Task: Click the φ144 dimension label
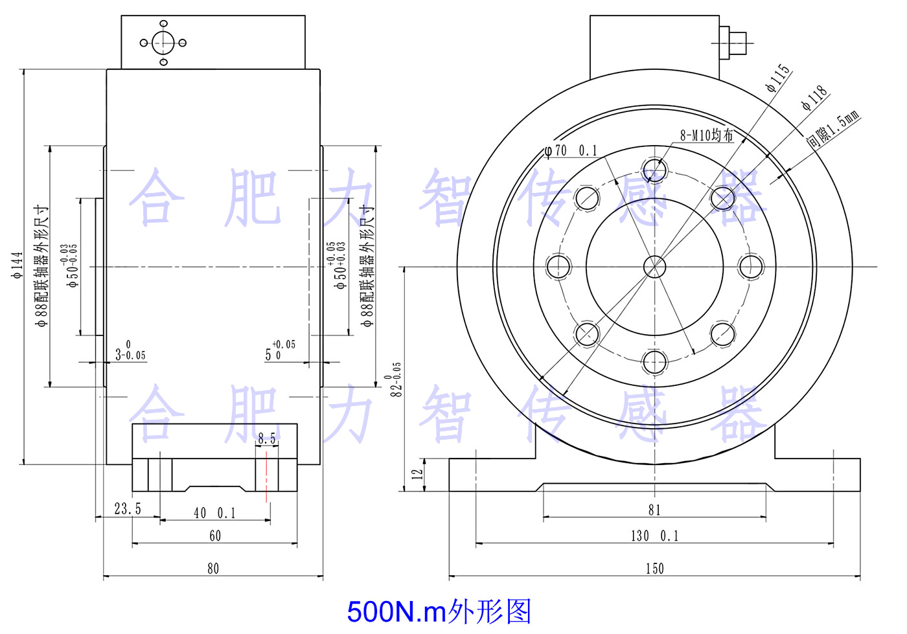(x=17, y=265)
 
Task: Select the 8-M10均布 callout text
(x=706, y=135)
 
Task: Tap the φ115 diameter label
(x=778, y=78)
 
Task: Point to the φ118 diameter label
(x=814, y=98)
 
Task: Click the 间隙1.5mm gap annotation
(x=833, y=130)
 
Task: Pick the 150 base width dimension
(x=654, y=569)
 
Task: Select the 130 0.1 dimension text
(x=654, y=536)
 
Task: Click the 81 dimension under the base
(x=654, y=510)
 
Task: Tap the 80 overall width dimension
(x=213, y=569)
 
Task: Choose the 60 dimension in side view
(x=215, y=536)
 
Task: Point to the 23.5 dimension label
(x=128, y=509)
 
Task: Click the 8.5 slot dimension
(x=266, y=439)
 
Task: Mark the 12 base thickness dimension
(x=417, y=473)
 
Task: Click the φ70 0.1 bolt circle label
(x=571, y=151)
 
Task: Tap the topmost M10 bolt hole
(x=654, y=171)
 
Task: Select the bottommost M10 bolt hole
(x=654, y=362)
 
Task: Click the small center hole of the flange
(x=654, y=266)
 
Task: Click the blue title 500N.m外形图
(x=439, y=611)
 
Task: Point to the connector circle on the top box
(x=163, y=43)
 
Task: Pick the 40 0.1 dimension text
(x=214, y=514)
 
